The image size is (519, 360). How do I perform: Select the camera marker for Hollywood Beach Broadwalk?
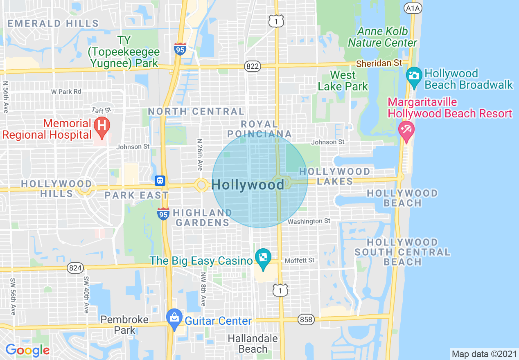tap(414, 76)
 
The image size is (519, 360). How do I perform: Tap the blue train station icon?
tap(160, 180)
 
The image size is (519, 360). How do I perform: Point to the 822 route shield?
tap(253, 65)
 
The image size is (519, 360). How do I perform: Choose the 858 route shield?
tap(306, 319)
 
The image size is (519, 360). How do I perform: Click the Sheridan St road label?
tap(379, 63)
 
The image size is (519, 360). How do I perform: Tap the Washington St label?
tap(309, 221)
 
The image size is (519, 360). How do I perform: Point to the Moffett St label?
tap(300, 260)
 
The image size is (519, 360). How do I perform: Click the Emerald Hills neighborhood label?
tap(53, 23)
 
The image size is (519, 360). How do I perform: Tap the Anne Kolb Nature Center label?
tap(383, 37)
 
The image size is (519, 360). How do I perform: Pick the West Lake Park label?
tap(343, 81)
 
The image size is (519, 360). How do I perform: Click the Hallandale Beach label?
tap(253, 344)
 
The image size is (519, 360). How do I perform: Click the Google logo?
tap(27, 351)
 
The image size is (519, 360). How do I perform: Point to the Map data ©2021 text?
tap(484, 354)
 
